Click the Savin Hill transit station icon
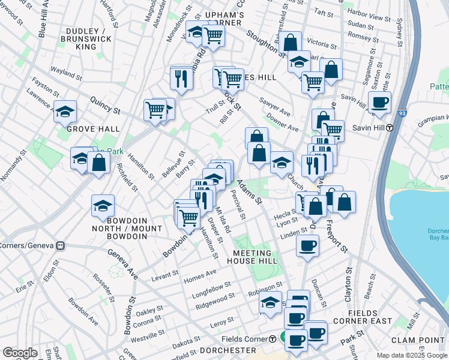(x=390, y=127)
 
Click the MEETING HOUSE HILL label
(x=255, y=257)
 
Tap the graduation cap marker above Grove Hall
(x=65, y=111)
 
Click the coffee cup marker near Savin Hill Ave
(x=380, y=101)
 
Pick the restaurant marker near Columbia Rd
(x=180, y=77)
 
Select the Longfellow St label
(x=211, y=289)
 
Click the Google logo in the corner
(x=20, y=353)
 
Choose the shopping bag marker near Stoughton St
(x=290, y=42)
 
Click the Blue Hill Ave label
(x=43, y=24)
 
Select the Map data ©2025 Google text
(x=412, y=355)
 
